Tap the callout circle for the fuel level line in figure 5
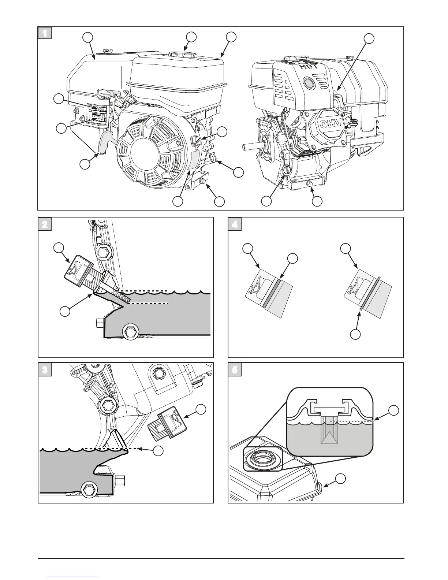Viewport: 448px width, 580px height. pos(394,410)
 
